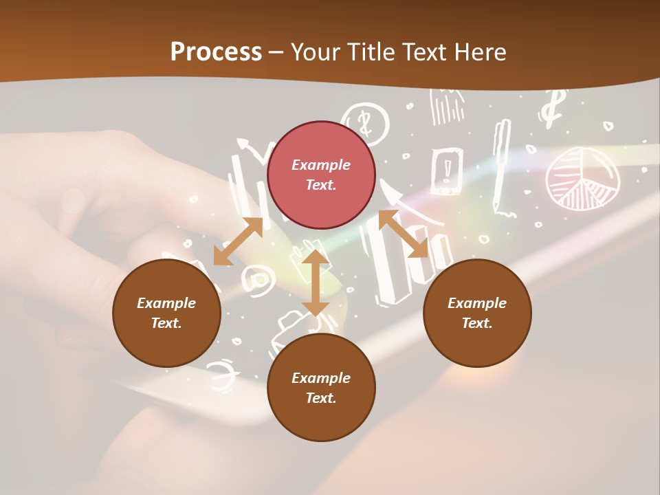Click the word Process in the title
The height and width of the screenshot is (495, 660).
216,52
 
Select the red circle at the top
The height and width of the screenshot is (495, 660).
321,175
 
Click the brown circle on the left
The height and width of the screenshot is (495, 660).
166,313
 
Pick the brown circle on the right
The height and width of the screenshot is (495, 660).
477,313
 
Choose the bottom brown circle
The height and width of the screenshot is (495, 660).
321,388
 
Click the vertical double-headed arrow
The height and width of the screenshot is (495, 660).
315,283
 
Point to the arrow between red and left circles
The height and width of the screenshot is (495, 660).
238,242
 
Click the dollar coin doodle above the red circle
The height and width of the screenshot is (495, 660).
366,122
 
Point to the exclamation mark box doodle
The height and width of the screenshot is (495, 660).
448,169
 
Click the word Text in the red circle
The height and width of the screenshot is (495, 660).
321,185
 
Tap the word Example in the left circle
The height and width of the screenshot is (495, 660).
166,303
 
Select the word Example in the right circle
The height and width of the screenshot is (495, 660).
477,303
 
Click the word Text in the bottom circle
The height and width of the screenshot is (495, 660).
321,398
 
